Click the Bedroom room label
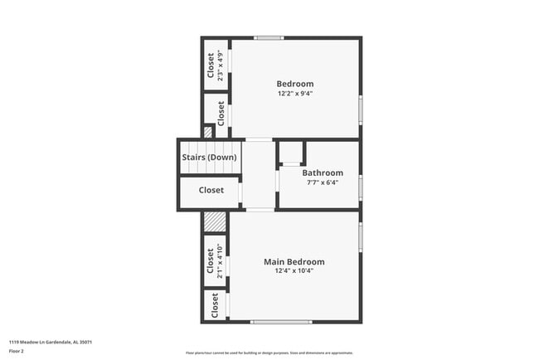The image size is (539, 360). click(294, 83)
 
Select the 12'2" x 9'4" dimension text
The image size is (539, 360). click(294, 94)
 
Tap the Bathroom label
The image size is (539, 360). click(322, 173)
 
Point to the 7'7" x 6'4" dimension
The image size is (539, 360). click(322, 182)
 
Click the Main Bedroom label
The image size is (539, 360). click(294, 261)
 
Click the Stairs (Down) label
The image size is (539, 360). click(209, 157)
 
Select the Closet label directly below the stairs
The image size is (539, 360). click(211, 190)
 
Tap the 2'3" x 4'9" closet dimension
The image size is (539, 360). click(221, 64)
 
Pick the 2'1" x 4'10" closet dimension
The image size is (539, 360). click(221, 260)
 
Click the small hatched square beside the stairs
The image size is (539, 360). click(208, 131)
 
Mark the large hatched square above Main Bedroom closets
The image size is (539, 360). click(215, 221)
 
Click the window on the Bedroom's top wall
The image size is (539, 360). click(269, 38)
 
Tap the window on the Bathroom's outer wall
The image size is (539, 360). click(360, 187)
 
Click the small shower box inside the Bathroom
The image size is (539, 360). click(291, 153)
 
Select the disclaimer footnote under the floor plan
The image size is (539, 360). click(269, 353)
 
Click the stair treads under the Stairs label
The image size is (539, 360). click(209, 168)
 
